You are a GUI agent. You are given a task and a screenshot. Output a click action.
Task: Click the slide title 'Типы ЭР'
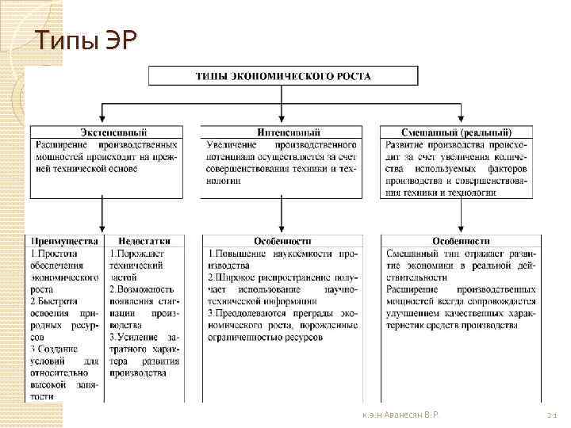(x=87, y=39)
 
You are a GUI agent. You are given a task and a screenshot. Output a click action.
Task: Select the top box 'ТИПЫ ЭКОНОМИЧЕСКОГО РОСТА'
(x=283, y=76)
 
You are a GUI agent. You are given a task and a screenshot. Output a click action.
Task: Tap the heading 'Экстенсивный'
(x=108, y=132)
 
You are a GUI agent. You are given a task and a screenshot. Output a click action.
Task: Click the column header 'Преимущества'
(x=65, y=240)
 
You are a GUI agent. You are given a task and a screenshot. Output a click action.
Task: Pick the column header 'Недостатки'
(x=144, y=240)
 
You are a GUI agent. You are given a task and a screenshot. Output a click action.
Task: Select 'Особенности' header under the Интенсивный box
(x=282, y=240)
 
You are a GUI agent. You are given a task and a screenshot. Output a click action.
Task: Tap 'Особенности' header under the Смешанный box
(x=461, y=240)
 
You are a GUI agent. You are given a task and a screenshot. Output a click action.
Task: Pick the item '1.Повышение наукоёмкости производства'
(x=282, y=259)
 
